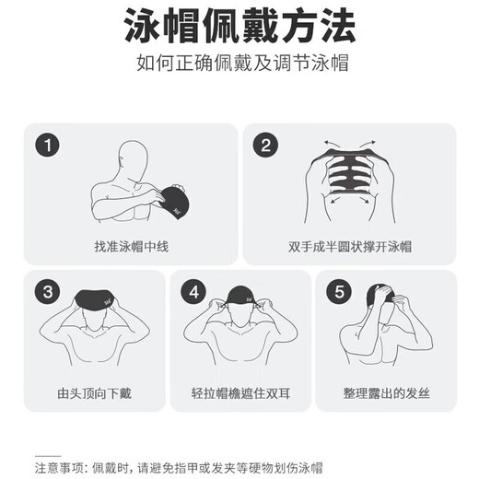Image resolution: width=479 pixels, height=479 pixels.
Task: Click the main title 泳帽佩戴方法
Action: [x=239, y=29]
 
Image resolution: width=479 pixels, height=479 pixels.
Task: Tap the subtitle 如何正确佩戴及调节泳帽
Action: [x=239, y=66]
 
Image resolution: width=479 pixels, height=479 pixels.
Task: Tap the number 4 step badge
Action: [x=193, y=293]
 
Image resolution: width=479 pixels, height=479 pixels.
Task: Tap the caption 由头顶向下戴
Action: [x=94, y=394]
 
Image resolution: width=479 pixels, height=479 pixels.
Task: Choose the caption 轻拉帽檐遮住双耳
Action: [x=239, y=394]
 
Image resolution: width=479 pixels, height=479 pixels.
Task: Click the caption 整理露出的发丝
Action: [x=385, y=394]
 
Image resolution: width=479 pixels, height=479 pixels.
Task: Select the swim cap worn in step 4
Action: [x=239, y=300]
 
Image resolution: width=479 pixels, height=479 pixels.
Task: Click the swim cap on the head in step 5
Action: [x=380, y=297]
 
